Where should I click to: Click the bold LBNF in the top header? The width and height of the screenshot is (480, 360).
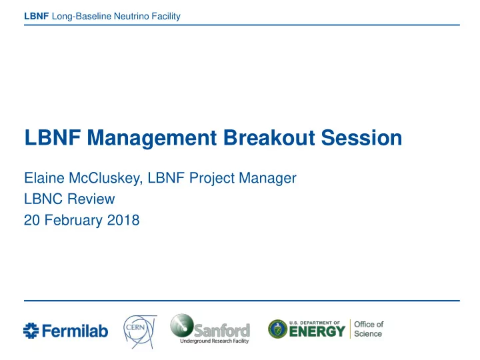(x=37, y=16)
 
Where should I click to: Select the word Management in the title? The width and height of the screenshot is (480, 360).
(x=152, y=138)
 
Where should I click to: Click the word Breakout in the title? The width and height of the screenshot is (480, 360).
(x=269, y=137)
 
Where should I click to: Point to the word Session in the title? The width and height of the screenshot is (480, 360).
(x=361, y=137)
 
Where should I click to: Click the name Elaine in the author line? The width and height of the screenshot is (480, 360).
(x=44, y=178)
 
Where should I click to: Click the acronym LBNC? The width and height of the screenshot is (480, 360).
(x=43, y=199)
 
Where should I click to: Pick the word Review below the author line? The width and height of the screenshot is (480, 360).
(x=91, y=199)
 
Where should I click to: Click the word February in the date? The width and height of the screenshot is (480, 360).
(x=73, y=221)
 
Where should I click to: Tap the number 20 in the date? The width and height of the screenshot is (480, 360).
(x=32, y=220)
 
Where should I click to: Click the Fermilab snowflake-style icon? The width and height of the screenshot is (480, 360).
(x=31, y=331)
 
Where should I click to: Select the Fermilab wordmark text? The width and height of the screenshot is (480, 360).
(x=75, y=331)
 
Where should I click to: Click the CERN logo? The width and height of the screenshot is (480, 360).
(x=140, y=331)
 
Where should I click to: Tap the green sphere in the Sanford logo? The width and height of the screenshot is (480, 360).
(x=182, y=325)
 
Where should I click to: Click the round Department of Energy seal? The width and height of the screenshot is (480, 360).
(x=277, y=329)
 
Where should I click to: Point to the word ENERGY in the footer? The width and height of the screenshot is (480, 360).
(x=317, y=331)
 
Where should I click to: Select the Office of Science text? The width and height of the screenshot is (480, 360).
(x=369, y=329)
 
